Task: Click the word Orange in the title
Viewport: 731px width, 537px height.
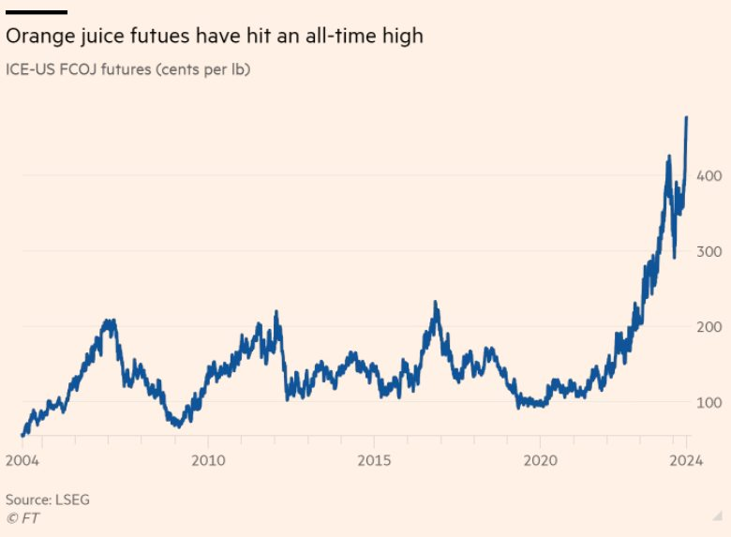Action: (x=37, y=37)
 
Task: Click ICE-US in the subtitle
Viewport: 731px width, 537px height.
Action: (x=29, y=68)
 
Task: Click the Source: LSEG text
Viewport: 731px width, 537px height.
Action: (x=48, y=500)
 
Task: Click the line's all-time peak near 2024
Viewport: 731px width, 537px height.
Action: (x=687, y=118)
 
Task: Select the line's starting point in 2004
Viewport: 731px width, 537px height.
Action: (x=22, y=435)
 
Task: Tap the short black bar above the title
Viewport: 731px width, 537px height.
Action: (x=37, y=12)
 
